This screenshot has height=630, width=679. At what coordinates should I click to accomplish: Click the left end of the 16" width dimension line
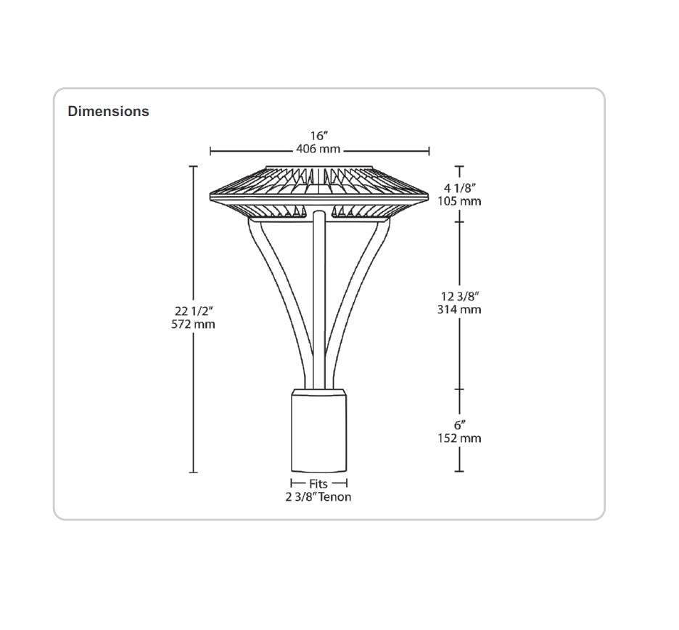click(x=210, y=151)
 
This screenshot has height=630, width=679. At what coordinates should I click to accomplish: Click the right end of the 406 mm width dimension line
click(x=429, y=151)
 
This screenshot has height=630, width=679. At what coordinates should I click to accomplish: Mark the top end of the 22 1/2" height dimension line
click(x=194, y=166)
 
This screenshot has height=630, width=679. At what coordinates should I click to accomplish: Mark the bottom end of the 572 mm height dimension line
click(x=194, y=472)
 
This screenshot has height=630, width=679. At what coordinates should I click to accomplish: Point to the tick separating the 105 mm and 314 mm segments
click(x=459, y=222)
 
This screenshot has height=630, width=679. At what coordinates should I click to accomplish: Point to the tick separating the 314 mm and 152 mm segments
click(x=459, y=389)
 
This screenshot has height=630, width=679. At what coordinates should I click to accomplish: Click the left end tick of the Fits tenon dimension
click(x=292, y=483)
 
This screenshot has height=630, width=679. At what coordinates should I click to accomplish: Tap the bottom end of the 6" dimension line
click(x=459, y=471)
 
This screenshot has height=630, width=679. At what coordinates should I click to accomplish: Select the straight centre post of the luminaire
click(x=319, y=300)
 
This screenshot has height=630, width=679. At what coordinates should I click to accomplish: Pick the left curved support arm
click(x=280, y=303)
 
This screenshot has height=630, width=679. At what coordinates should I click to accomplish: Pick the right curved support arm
click(x=358, y=303)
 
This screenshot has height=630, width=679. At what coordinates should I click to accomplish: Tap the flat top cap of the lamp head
click(x=319, y=166)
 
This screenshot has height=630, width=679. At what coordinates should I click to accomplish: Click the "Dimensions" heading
click(x=108, y=111)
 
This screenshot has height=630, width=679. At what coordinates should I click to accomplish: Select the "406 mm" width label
click(x=318, y=149)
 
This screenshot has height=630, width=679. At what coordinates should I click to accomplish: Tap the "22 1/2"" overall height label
click(x=194, y=311)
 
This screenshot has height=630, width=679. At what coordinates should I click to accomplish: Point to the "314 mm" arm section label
click(x=459, y=309)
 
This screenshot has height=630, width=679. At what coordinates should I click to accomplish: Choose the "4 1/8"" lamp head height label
click(x=459, y=188)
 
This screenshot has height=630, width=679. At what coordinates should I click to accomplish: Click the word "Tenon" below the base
click(x=334, y=497)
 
